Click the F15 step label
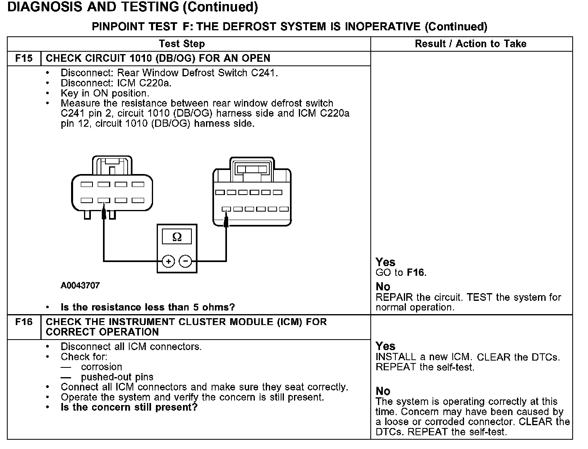24,58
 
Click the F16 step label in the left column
24,322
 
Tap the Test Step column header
182,44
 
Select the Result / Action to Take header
470,44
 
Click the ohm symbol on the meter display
177,237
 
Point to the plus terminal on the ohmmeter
168,261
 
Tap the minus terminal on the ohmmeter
185,261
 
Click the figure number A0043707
80,285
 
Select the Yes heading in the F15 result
385,262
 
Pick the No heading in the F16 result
383,391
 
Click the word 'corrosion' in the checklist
101,367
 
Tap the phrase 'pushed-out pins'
117,377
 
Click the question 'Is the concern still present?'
129,407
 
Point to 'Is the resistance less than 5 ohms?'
147,307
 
